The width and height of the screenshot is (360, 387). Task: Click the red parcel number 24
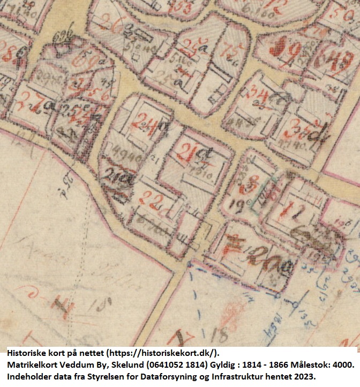pyautogui.click(x=144, y=124)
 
